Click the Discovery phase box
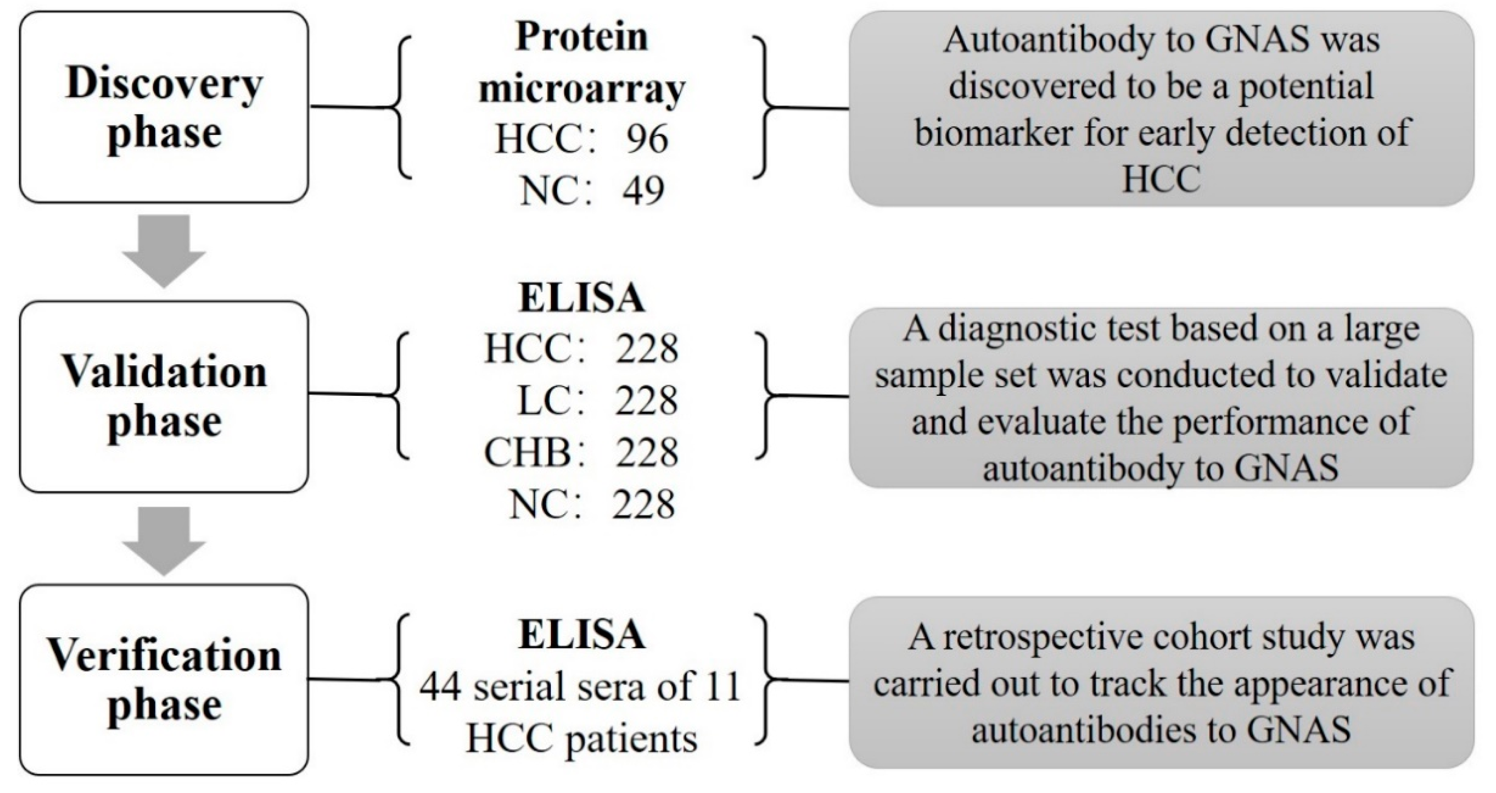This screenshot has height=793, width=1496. (x=164, y=108)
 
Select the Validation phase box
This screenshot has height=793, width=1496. (x=164, y=396)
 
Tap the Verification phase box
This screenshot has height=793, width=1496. (x=164, y=679)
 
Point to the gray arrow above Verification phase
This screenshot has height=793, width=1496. (x=164, y=540)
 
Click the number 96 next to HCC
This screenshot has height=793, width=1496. (x=646, y=139)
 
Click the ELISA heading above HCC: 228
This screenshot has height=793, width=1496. (x=582, y=299)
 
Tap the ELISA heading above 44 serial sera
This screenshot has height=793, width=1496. (x=582, y=634)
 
